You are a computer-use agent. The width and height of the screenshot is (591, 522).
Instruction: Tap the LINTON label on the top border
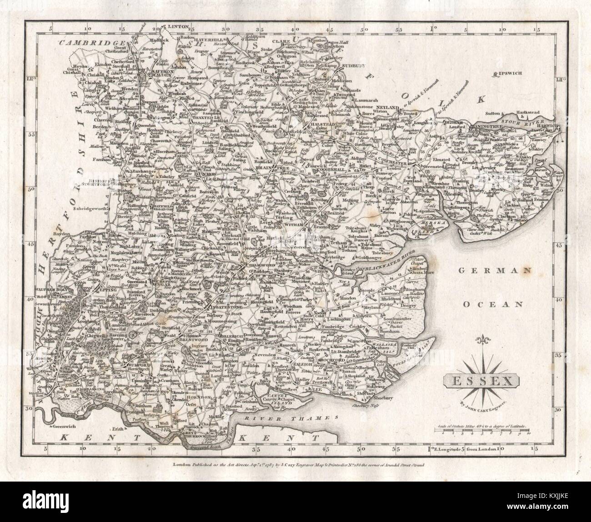coord(177,27)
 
